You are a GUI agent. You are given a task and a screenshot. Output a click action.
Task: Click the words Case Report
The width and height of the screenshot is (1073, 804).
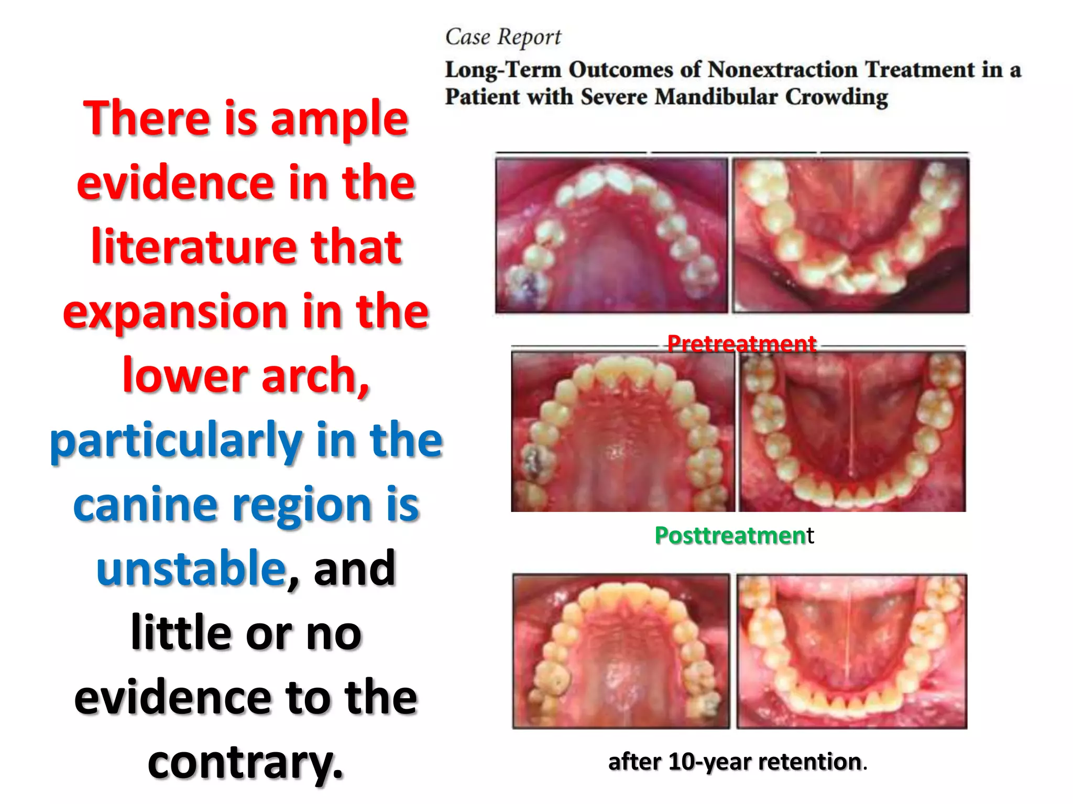[502, 37]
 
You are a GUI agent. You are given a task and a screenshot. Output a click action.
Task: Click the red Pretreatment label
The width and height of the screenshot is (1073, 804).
[741, 344]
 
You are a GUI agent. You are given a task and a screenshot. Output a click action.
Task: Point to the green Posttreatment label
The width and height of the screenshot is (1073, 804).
[733, 535]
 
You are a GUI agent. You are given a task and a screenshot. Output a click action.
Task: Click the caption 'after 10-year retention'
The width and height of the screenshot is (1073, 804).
[737, 762]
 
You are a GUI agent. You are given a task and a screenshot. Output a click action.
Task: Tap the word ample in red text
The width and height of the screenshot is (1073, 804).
[339, 119]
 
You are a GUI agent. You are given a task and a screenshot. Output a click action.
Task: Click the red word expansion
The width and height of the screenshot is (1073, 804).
[175, 312]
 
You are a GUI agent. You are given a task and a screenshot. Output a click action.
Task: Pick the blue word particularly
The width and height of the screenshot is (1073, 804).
[176, 441]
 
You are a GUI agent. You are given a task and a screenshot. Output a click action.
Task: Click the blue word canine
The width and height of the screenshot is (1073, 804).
[145, 505]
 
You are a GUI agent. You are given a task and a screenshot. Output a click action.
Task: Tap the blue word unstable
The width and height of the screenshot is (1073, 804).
[191, 569]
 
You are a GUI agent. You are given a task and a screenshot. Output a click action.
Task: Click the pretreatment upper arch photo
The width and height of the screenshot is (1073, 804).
[611, 235]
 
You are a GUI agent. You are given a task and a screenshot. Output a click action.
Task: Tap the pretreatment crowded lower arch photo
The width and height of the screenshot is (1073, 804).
[850, 235]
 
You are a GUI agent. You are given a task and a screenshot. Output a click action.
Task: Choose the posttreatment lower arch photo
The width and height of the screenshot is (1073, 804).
[852, 431]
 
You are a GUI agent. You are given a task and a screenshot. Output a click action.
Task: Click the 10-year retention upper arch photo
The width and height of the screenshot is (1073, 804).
[621, 651]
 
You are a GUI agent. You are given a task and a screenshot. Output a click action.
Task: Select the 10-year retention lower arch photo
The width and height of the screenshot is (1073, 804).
[851, 651]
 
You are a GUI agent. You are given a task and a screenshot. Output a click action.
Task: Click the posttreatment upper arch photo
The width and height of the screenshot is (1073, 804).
[622, 431]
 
